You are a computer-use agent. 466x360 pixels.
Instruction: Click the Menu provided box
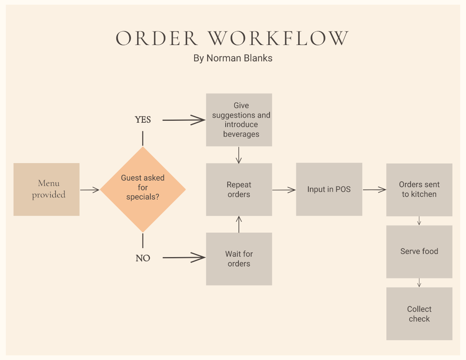(46, 189)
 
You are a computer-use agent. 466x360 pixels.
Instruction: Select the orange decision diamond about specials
(143, 189)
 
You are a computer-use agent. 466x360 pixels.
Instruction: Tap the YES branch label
(143, 120)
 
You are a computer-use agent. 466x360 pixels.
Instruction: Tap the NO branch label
(143, 258)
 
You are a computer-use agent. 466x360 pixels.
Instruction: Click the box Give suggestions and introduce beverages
(239, 120)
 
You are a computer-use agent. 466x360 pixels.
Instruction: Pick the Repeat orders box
(239, 190)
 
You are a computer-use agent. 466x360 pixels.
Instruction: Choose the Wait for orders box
(239, 259)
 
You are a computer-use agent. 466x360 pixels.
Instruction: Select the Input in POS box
(329, 189)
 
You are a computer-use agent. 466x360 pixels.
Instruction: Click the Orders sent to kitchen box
(419, 190)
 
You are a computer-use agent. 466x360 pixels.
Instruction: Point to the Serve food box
(419, 251)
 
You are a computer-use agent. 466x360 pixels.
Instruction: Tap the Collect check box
(419, 314)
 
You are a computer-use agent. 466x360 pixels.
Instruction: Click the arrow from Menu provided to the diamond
(90, 190)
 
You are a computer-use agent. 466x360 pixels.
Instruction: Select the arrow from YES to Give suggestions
(184, 120)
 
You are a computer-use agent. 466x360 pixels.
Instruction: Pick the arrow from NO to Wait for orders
(184, 257)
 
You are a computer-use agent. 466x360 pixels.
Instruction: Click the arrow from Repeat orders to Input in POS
(284, 190)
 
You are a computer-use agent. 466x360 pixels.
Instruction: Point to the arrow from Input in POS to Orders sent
(374, 190)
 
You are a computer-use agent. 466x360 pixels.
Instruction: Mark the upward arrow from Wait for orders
(239, 224)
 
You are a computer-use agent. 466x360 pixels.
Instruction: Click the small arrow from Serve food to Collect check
(419, 283)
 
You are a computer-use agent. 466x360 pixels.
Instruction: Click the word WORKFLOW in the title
(278, 38)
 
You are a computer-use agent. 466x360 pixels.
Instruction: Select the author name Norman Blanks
(239, 58)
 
